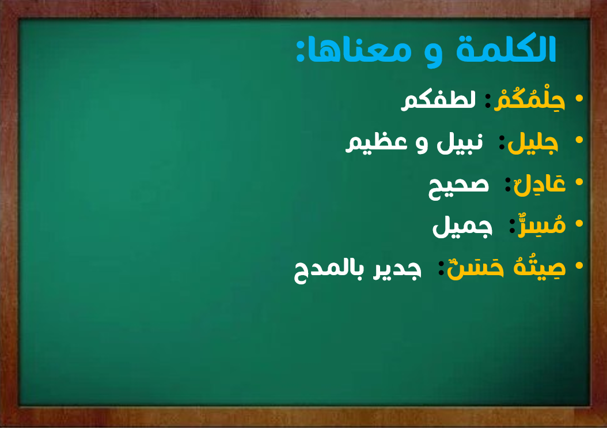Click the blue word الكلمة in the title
tap(506, 49)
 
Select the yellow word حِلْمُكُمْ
tap(529, 100)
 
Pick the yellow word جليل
tap(533, 143)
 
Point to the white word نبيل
tap(460, 143)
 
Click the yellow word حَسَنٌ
tap(475, 268)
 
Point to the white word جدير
tap(397, 270)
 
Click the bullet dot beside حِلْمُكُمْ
tap(579, 98)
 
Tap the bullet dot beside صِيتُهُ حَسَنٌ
tap(579, 265)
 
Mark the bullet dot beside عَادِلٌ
tap(579, 182)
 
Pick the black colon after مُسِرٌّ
tap(512, 226)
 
